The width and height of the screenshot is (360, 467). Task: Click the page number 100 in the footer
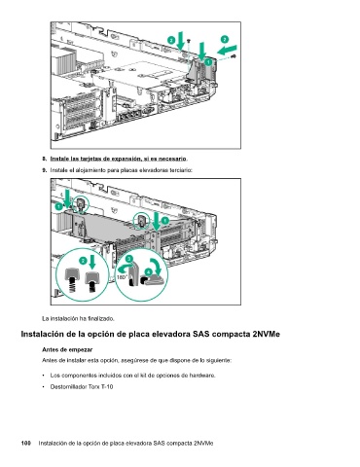(26, 443)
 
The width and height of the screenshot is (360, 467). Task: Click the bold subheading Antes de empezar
(67, 349)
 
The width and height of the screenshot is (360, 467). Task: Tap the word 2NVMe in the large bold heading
(266, 334)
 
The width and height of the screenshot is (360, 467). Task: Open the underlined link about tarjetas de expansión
(119, 159)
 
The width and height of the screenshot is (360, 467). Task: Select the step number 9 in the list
(44, 170)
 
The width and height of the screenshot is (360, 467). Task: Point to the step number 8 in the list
(44, 159)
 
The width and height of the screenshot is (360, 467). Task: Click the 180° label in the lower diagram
(122, 277)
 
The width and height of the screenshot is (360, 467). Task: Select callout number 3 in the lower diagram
(129, 259)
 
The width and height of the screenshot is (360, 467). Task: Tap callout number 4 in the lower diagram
(148, 271)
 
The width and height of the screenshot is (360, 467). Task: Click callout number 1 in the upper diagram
(208, 61)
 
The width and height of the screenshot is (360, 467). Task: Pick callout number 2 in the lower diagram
(84, 261)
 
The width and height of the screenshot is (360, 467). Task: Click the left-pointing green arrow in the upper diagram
(227, 50)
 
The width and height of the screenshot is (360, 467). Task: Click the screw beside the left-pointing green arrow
(234, 56)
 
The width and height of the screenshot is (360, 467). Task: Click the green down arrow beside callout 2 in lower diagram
(92, 262)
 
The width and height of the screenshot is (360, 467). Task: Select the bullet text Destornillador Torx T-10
(82, 386)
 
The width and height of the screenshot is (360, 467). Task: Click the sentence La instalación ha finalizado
(78, 318)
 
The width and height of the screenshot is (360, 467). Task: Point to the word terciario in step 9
(181, 170)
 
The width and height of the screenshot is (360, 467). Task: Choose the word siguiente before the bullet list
(219, 360)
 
